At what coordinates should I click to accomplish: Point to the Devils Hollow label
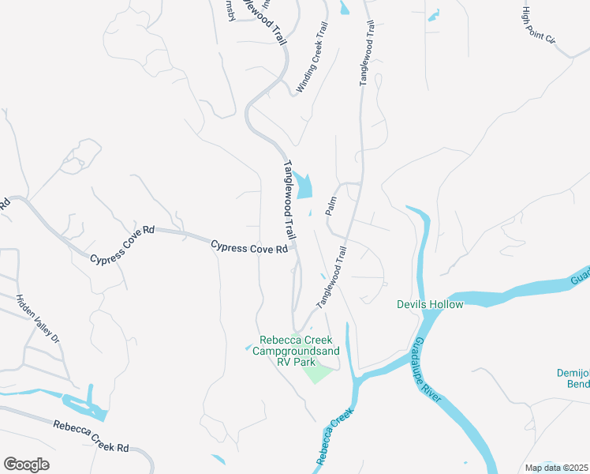pos(430,304)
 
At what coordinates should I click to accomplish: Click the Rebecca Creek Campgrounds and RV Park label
pos(297,351)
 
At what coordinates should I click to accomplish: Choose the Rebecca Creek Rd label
pos(91,436)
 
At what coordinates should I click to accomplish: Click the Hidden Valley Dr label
pos(38,318)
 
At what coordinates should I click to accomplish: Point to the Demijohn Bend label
pos(572,378)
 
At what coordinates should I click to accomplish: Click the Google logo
pos(26,465)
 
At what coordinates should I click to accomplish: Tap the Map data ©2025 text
pos(557,468)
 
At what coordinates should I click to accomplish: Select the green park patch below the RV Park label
pos(320,373)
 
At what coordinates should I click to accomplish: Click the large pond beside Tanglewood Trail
pos(304,186)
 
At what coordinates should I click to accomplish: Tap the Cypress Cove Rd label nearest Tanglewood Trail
pos(249,248)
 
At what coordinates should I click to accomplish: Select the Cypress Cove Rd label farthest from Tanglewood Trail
pos(122,247)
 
